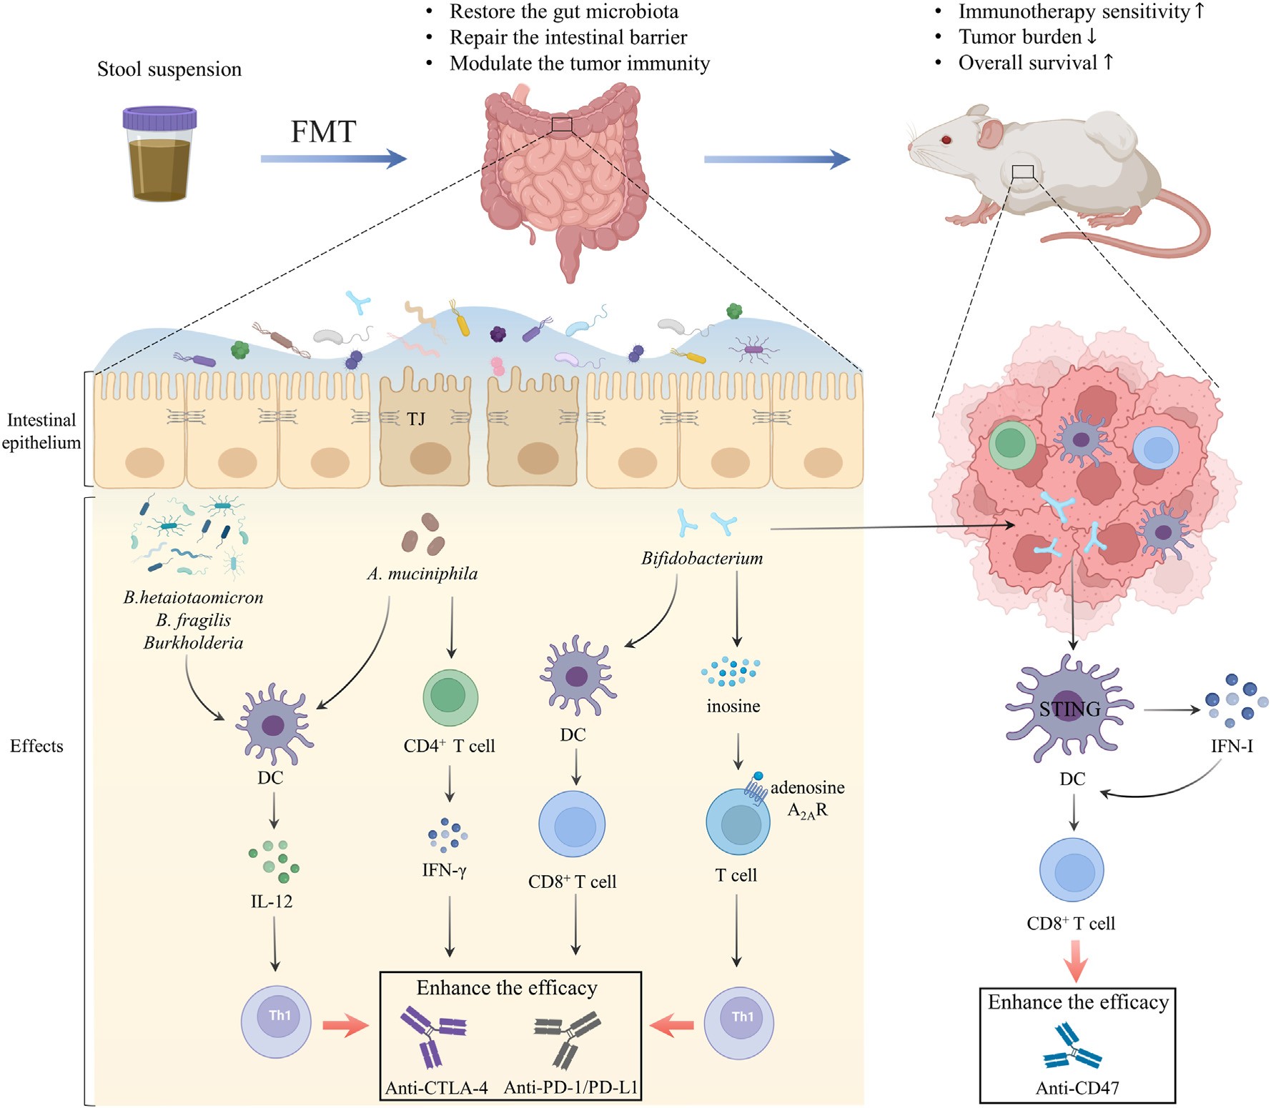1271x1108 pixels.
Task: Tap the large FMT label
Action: [x=323, y=132]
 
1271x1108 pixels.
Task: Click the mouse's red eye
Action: [x=946, y=140]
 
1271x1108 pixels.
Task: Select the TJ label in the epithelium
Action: [x=416, y=419]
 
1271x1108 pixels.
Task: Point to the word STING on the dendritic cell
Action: [x=1069, y=709]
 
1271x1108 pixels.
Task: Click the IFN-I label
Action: [x=1231, y=747]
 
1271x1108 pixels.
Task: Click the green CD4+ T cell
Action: [x=450, y=697]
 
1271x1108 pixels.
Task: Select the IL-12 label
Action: [x=272, y=902]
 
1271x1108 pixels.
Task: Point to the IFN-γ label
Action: [x=444, y=870]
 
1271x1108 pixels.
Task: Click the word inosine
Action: [x=733, y=707]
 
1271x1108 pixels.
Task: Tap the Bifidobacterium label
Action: [x=701, y=559]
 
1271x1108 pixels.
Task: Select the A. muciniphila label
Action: [x=422, y=574]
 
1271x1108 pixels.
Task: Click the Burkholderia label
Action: [x=193, y=643]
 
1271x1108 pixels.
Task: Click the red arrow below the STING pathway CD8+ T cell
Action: [x=1075, y=961]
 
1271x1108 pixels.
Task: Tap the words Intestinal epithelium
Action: [x=41, y=431]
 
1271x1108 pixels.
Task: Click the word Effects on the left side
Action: [x=36, y=747]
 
